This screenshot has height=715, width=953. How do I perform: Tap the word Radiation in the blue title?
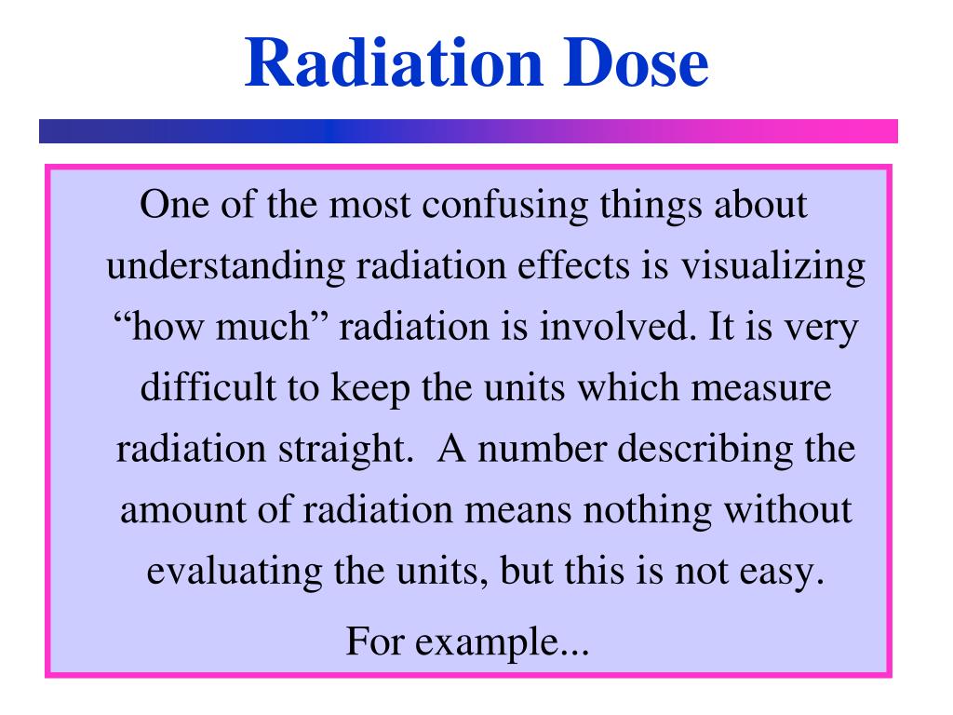(x=373, y=63)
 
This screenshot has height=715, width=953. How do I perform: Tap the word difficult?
(x=205, y=387)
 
